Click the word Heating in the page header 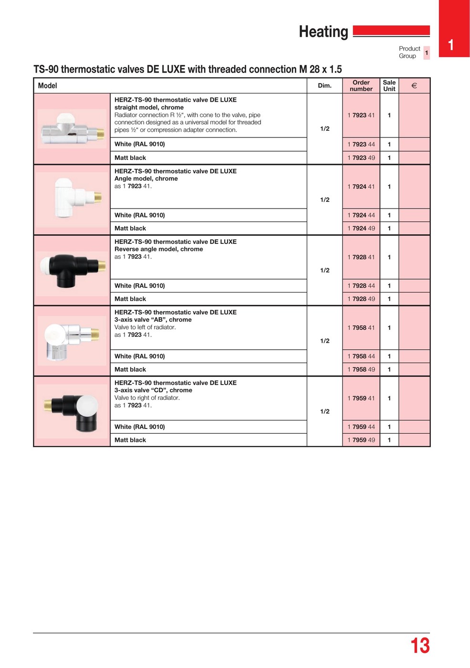[324, 32]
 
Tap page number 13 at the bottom [420, 646]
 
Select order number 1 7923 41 [361, 115]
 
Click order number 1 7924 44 [361, 215]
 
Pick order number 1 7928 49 [361, 299]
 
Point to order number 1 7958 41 [361, 328]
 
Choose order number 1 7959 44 [361, 427]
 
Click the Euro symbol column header [414, 86]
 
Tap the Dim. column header [324, 86]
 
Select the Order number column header [361, 86]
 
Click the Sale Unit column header [389, 86]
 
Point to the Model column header [48, 86]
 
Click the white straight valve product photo [72, 129]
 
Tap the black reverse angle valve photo [72, 269]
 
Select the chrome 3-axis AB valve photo [72, 340]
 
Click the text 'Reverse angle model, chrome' [158, 249]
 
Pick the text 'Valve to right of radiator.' [147, 398]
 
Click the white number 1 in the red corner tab [451, 45]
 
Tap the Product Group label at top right [409, 52]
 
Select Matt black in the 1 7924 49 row [130, 229]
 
